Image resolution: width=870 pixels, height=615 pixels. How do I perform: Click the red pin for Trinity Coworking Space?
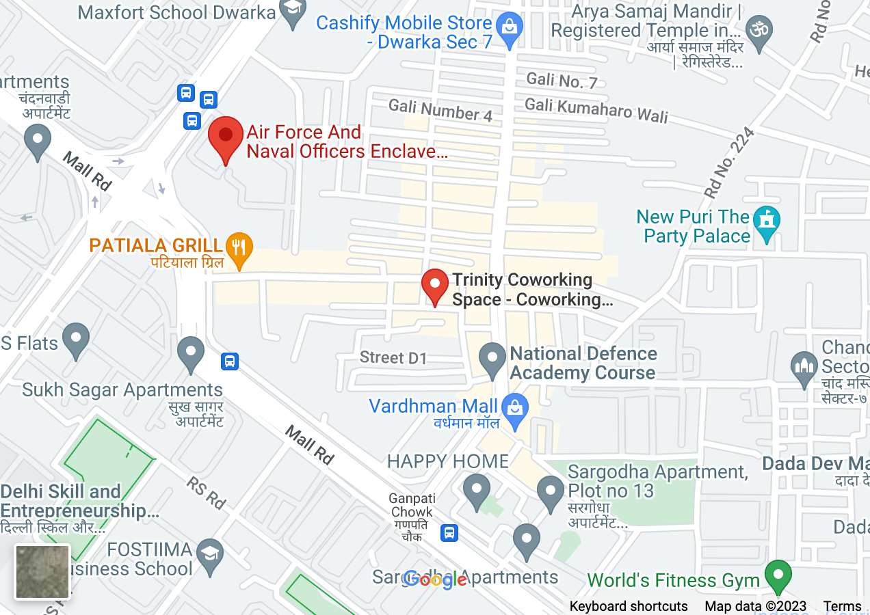[434, 286]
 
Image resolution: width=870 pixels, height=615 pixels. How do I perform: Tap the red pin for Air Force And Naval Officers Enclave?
[225, 137]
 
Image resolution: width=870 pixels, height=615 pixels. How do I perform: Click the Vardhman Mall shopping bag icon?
[512, 409]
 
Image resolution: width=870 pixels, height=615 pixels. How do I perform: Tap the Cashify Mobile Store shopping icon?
[509, 27]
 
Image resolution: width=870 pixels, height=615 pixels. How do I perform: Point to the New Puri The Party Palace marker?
[766, 222]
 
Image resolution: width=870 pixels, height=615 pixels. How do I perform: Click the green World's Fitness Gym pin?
[777, 575]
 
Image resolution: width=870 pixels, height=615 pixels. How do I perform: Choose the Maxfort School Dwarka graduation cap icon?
[293, 11]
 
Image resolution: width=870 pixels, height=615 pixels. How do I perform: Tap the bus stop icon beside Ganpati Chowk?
[449, 532]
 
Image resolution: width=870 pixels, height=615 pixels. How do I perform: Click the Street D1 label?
[393, 358]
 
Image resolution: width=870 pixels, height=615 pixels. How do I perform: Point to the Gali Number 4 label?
[440, 110]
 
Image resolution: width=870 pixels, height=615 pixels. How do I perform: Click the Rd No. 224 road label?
[728, 164]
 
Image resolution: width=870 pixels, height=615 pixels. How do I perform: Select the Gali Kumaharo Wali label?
[596, 109]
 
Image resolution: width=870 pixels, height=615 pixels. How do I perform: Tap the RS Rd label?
[206, 493]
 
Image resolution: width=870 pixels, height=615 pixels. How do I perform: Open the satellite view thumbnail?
[42, 571]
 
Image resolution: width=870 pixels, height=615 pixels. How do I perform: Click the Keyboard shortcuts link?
[629, 606]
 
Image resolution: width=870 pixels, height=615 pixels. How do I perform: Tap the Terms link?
[842, 606]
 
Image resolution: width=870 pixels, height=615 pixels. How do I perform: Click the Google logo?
[435, 579]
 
